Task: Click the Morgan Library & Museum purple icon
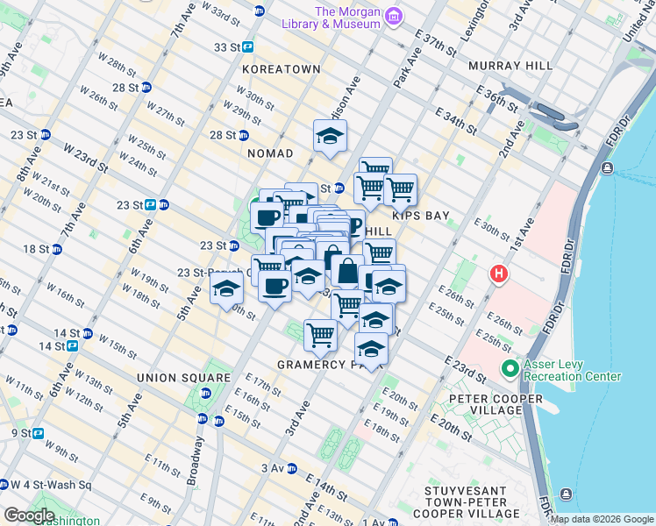(394, 17)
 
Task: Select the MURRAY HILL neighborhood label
(510, 66)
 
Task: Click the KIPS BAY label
(419, 215)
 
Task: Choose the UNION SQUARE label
(182, 378)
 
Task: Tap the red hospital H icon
(499, 274)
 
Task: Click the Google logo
(29, 515)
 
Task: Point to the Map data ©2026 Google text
(602, 519)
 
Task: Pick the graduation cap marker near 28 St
(331, 136)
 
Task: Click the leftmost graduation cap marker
(227, 288)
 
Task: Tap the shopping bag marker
(347, 271)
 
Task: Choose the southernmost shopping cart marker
(320, 334)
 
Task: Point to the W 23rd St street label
(85, 159)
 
